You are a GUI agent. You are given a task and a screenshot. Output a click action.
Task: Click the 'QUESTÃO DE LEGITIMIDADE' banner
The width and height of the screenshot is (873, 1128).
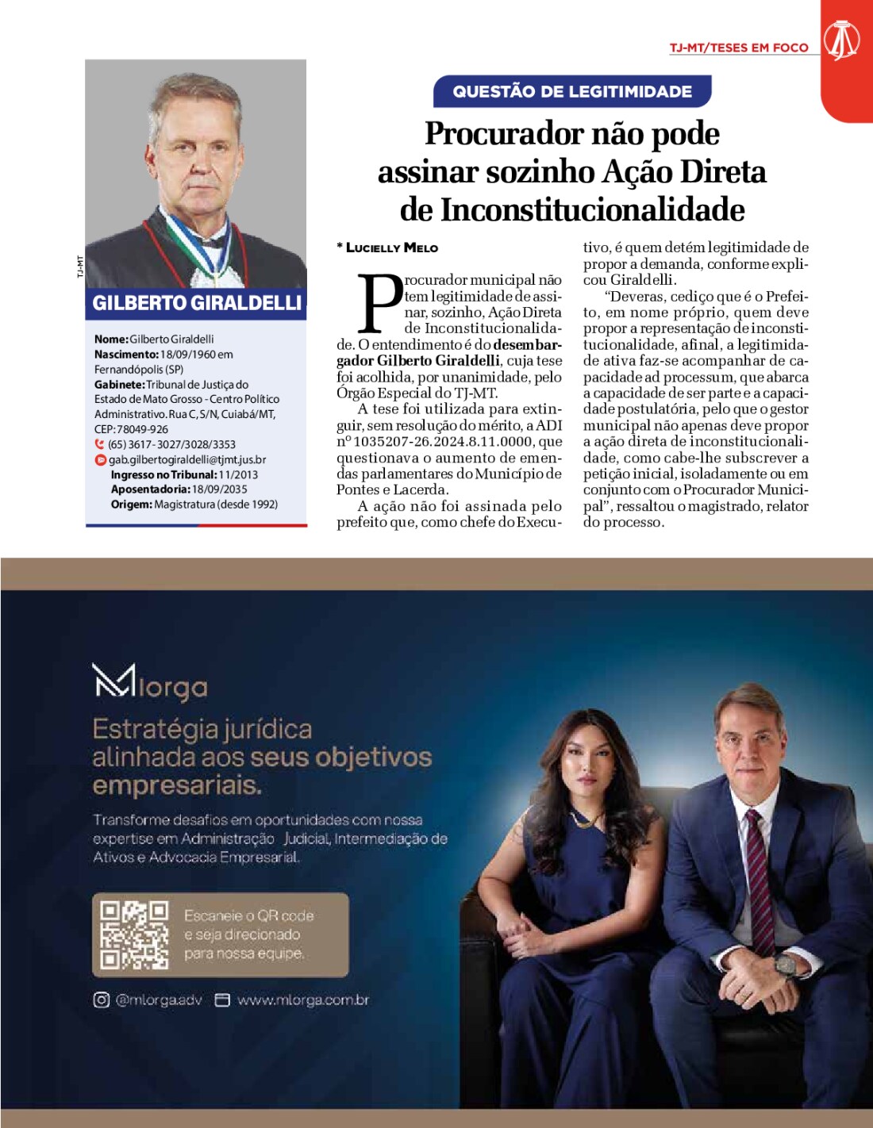pos(572,91)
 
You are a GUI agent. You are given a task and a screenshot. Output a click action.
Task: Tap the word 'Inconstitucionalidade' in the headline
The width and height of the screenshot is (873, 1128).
pos(592,210)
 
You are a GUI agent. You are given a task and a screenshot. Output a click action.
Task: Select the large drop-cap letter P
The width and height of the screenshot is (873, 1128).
pos(380,304)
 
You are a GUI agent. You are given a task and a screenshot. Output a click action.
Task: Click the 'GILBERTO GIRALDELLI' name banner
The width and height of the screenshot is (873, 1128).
pos(197,303)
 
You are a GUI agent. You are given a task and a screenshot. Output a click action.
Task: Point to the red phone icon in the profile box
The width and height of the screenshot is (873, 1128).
pos(100,444)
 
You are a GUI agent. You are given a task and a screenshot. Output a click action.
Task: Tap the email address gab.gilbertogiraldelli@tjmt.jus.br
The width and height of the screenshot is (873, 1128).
pos(187,459)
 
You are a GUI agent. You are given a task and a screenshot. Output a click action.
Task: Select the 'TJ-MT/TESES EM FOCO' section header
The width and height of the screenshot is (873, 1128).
pos(738,48)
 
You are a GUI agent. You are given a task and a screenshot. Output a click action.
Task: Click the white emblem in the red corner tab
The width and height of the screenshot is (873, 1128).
pos(842,40)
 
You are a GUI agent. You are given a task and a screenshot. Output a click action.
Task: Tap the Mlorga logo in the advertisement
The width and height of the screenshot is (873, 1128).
pos(150,683)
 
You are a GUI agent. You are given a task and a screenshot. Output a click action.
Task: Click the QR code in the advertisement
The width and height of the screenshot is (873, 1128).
pos(134,935)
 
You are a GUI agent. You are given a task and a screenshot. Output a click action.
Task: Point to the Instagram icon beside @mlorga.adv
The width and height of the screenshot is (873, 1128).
pos(101,1000)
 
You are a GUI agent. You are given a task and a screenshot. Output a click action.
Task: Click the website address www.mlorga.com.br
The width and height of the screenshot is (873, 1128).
pos(302,1000)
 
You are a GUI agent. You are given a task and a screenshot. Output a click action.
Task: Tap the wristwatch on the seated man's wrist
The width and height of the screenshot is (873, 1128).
pos(785,966)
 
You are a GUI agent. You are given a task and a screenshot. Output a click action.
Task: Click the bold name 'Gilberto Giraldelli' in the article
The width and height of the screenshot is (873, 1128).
pos(438,361)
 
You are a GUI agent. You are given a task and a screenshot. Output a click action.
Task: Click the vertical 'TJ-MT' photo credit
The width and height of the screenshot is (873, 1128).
pos(80,267)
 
